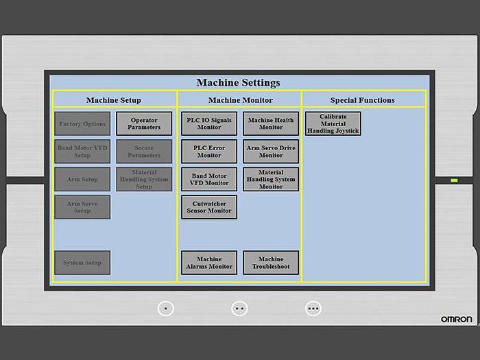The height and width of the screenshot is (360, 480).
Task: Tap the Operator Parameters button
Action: click(x=144, y=123)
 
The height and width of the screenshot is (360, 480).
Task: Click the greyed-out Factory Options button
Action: click(x=82, y=123)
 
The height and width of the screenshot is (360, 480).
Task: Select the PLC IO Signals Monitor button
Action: click(x=209, y=123)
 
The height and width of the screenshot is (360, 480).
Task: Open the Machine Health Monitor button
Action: click(x=271, y=123)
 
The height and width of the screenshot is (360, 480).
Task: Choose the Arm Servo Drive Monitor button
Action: click(x=271, y=152)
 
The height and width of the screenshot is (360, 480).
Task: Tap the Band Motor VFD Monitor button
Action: click(x=209, y=180)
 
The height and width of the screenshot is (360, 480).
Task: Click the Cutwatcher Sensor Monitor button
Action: click(x=209, y=207)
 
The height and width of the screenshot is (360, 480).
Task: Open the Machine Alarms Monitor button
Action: click(x=209, y=263)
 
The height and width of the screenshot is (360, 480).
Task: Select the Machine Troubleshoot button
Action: click(x=271, y=263)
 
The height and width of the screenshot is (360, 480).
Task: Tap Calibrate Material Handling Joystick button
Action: click(x=333, y=123)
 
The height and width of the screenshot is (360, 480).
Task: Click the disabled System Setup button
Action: click(x=82, y=263)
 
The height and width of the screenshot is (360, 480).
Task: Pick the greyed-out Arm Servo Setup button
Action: click(x=82, y=207)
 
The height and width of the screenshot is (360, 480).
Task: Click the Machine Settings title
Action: click(x=239, y=83)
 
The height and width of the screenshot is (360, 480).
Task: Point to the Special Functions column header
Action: click(x=363, y=100)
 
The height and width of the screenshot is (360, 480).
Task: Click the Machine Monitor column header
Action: click(x=240, y=100)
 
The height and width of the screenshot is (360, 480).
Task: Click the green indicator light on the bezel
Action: click(x=454, y=180)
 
